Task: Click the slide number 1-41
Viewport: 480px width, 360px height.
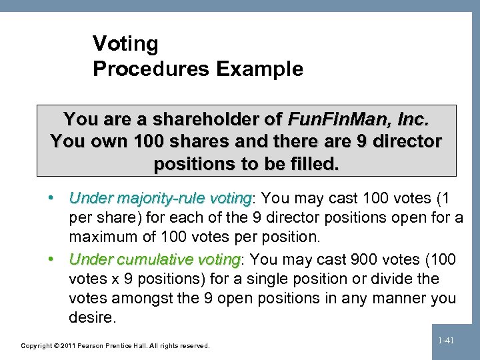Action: pos(446,341)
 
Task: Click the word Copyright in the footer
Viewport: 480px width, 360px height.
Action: pos(35,345)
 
